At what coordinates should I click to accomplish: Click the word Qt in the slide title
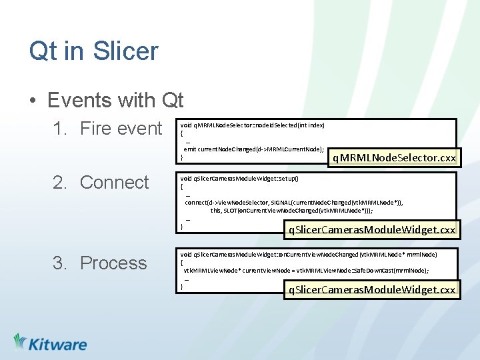[43, 51]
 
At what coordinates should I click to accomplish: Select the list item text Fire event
[121, 129]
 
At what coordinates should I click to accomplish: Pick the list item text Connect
[114, 182]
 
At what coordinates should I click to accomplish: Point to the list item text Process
[113, 263]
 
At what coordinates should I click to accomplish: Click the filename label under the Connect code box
[371, 230]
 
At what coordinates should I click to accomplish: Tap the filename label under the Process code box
[371, 289]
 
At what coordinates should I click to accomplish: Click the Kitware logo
[50, 343]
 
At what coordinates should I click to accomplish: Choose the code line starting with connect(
[293, 202]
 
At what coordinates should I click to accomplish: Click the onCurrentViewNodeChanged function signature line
[309, 254]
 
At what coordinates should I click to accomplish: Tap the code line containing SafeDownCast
[305, 270]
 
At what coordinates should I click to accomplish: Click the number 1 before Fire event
[59, 129]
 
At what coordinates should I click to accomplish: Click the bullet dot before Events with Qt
[33, 101]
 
